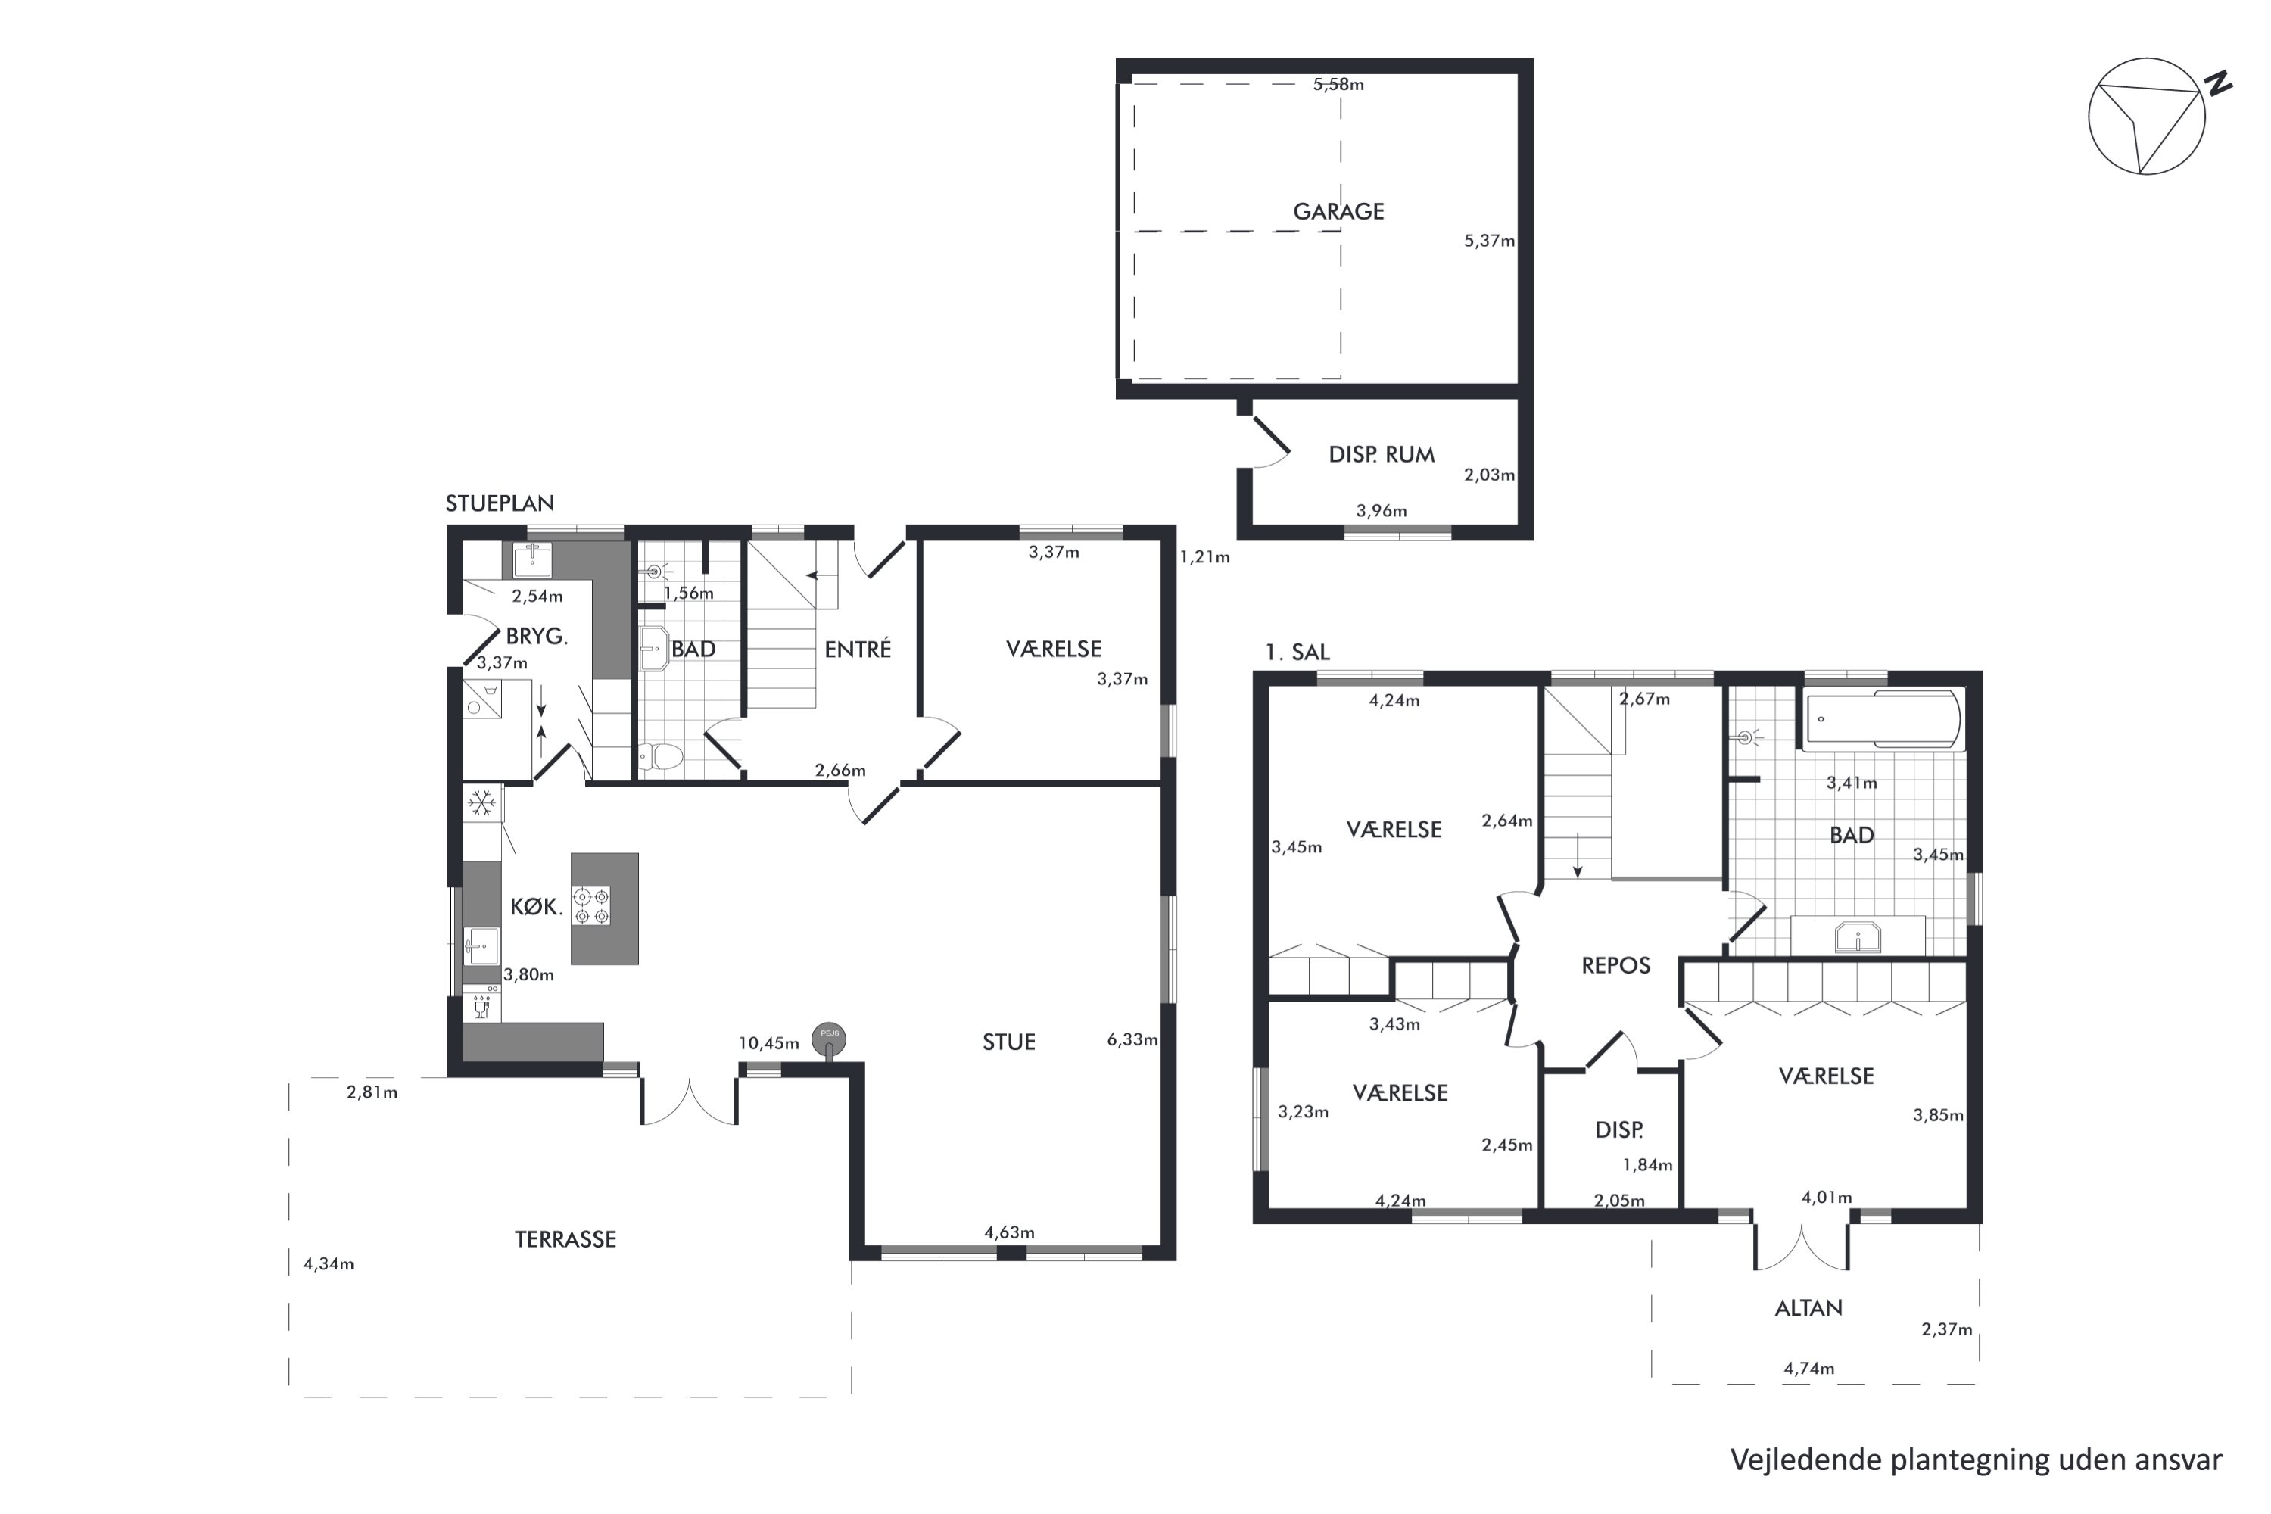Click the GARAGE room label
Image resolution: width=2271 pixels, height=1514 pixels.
pyautogui.click(x=1338, y=211)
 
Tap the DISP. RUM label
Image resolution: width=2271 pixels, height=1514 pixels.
pyautogui.click(x=1381, y=455)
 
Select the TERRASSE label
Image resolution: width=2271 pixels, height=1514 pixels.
pyautogui.click(x=565, y=1240)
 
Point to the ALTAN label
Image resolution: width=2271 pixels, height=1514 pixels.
pyautogui.click(x=1808, y=1308)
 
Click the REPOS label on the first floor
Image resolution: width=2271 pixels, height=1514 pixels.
pyautogui.click(x=1615, y=966)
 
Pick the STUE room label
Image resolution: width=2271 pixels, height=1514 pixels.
pyautogui.click(x=1009, y=1042)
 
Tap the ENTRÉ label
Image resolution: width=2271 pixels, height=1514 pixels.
pyautogui.click(x=858, y=649)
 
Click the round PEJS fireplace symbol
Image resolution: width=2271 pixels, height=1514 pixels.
pyautogui.click(x=828, y=1039)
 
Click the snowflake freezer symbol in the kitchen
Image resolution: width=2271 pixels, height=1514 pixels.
pyautogui.click(x=481, y=802)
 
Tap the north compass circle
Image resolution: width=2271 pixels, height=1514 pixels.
pyautogui.click(x=2146, y=117)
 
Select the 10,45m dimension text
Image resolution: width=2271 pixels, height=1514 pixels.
pyautogui.click(x=768, y=1043)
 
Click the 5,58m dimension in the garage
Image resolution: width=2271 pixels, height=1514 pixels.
pyautogui.click(x=1338, y=84)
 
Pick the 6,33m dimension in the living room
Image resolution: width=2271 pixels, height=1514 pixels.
pyautogui.click(x=1132, y=1040)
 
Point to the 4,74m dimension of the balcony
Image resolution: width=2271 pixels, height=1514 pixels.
pyautogui.click(x=1808, y=1368)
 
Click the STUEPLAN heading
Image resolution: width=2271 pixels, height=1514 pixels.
pyautogui.click(x=499, y=503)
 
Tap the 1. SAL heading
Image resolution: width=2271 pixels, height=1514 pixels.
pyautogui.click(x=1297, y=653)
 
